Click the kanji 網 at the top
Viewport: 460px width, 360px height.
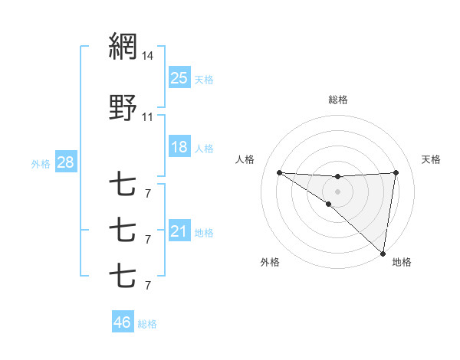[123, 47]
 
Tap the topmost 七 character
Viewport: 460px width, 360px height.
[123, 185]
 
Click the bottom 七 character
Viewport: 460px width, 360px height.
[123, 275]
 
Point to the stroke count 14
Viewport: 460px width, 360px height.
[148, 56]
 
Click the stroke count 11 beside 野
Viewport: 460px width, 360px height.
[148, 116]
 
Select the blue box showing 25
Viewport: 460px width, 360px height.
[179, 77]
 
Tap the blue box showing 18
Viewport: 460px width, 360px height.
[179, 147]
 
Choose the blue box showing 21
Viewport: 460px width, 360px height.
[179, 231]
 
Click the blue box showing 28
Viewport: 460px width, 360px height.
[65, 162]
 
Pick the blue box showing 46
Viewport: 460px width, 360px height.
[123, 322]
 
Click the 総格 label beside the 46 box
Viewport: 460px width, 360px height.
[147, 324]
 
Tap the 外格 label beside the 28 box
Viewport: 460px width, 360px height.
[41, 163]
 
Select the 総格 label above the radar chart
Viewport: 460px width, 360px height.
[338, 100]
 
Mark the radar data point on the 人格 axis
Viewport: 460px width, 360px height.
[279, 172]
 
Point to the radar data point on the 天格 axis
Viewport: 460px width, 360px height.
[396, 172]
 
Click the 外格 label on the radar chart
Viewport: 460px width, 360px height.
[270, 262]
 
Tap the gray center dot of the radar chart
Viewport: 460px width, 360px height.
[337, 191]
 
